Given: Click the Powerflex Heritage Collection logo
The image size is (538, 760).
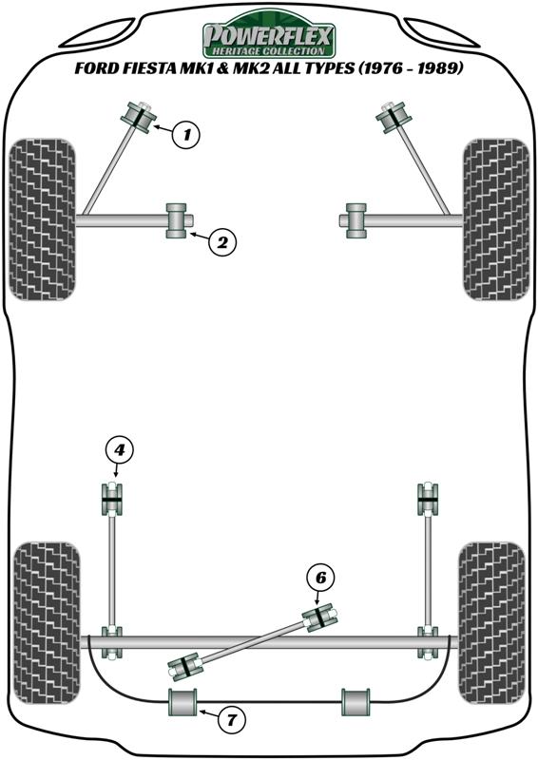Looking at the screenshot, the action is (268, 35).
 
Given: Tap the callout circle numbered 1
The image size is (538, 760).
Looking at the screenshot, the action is (186, 134).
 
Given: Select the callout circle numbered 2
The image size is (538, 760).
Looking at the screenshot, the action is (222, 242).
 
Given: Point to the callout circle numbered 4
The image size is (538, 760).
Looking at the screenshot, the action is (119, 450).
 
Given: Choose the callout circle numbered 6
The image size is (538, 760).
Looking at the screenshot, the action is (320, 578).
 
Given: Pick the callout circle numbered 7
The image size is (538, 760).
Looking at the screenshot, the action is (231, 720).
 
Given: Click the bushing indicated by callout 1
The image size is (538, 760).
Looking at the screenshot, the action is (137, 116).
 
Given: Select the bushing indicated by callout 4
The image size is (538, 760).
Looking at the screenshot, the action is (112, 500).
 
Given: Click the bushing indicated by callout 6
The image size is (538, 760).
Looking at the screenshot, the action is (320, 617).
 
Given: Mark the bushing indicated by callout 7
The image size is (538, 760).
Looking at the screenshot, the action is (183, 702).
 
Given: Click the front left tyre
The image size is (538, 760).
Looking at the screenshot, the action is (42, 219).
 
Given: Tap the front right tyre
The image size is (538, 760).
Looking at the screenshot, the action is (496, 219).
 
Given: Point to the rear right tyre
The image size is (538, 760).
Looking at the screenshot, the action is (492, 623).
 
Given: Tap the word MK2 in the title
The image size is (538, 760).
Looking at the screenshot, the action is (250, 68).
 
